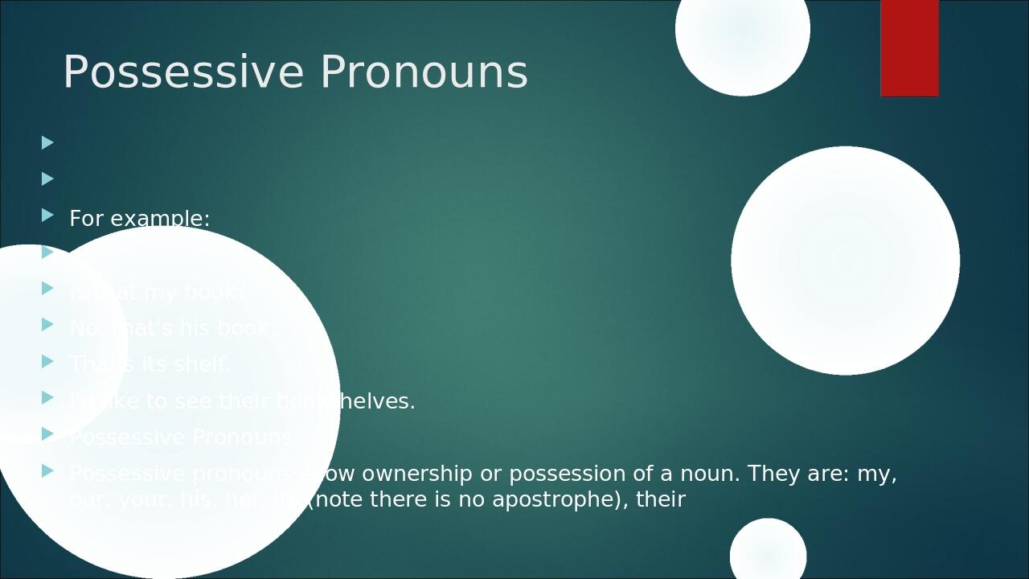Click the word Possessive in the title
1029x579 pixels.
[x=182, y=72]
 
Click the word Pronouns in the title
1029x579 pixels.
[x=424, y=72]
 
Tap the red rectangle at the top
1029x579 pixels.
[x=909, y=48]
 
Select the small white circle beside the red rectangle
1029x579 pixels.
[x=742, y=32]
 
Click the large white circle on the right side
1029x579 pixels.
[x=845, y=261]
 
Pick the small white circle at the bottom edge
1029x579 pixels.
[x=768, y=553]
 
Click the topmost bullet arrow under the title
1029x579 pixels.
[x=47, y=142]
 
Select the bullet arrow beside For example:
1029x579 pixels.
[x=47, y=215]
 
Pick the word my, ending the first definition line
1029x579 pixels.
[x=876, y=474]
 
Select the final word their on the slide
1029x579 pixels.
[x=660, y=499]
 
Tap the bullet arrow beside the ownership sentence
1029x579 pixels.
[x=47, y=470]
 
